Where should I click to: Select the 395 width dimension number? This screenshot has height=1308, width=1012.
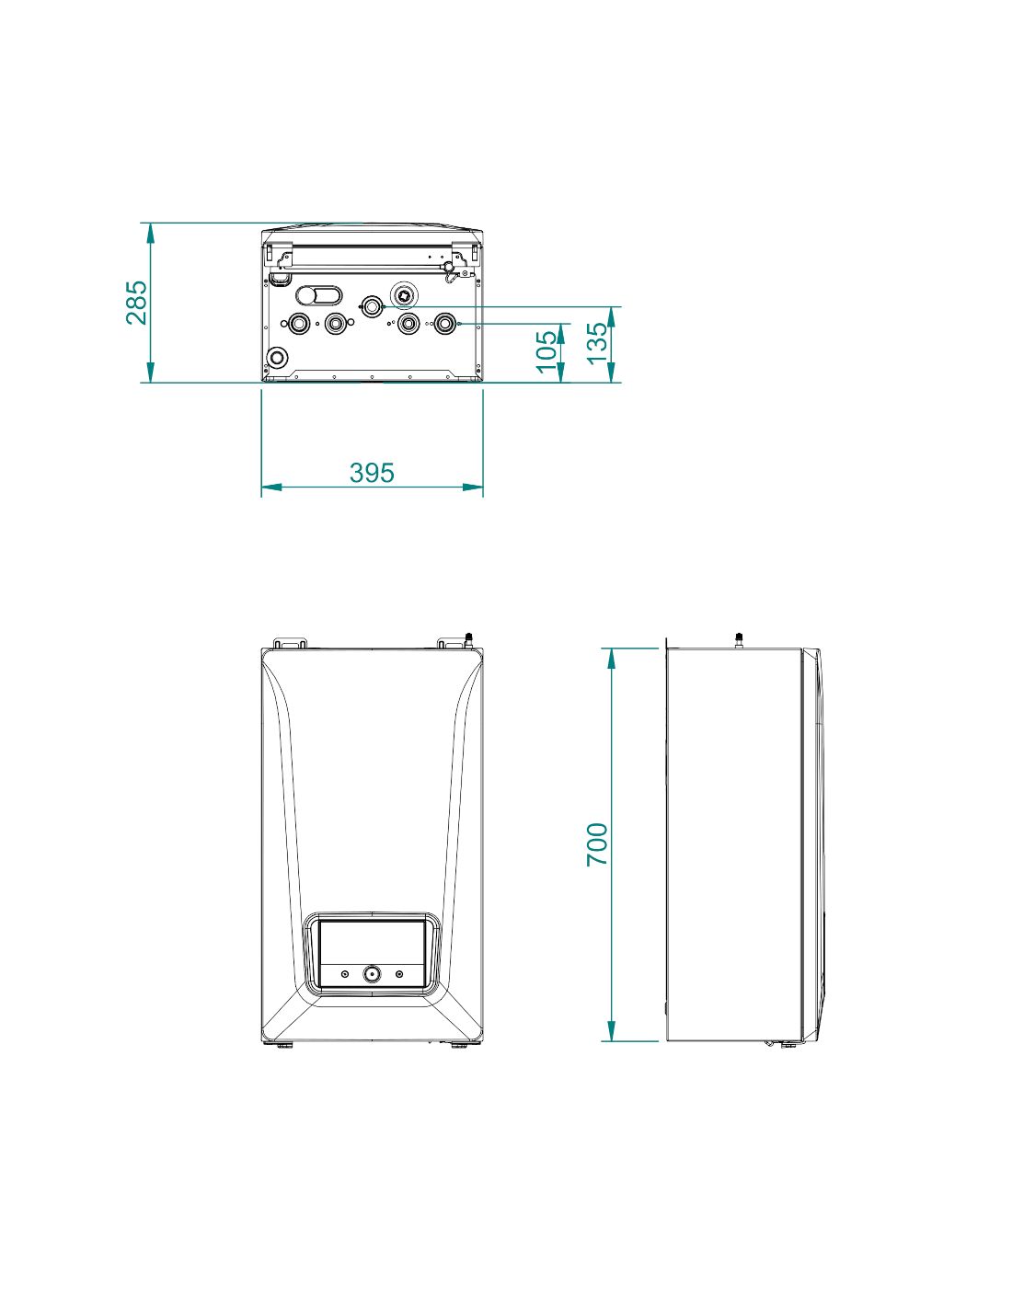pyautogui.click(x=372, y=473)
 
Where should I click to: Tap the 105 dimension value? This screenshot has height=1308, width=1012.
pyautogui.click(x=546, y=351)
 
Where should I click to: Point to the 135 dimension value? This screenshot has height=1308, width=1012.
pyautogui.click(x=598, y=342)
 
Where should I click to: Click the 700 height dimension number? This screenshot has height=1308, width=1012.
pyautogui.click(x=598, y=843)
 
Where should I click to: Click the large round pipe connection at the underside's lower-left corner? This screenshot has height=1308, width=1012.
pyautogui.click(x=278, y=357)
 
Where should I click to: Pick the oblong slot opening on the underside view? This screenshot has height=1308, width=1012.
pyautogui.click(x=318, y=295)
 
